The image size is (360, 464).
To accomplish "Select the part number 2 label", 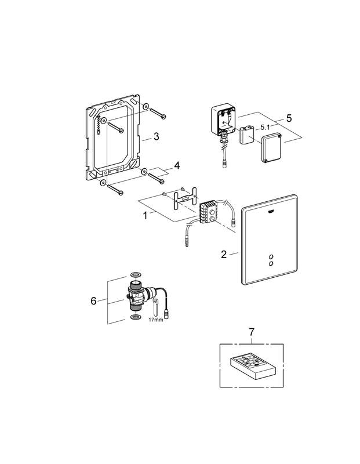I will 224,254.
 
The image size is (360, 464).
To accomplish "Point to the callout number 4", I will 176,165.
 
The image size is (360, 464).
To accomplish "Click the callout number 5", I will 289,118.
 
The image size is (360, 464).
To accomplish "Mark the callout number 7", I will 251,332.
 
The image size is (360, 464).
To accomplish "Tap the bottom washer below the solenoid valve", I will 134,318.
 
